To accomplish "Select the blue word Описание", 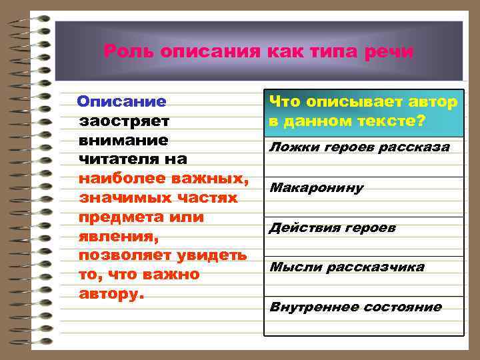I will click(x=121, y=102).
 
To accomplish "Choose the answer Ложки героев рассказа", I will click(x=359, y=147).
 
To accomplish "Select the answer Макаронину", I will click(x=317, y=187).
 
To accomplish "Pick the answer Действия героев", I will click(x=332, y=228).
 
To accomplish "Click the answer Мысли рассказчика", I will click(x=347, y=267).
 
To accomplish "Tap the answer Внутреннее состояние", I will click(x=355, y=307).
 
